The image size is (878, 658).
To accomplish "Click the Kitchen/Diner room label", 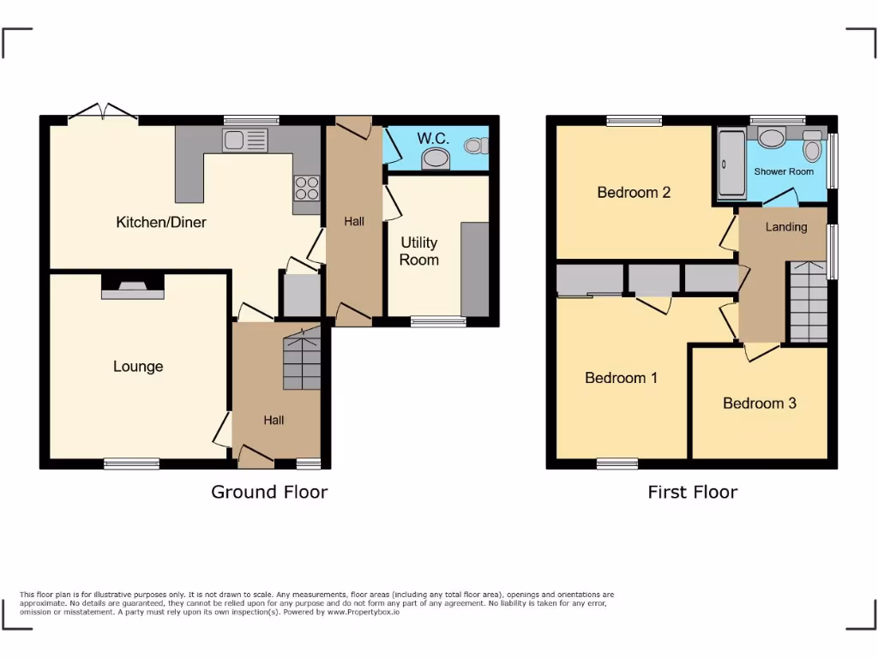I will [161, 223].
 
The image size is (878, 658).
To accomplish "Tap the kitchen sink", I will [244, 141].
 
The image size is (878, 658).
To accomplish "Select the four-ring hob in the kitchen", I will [307, 188].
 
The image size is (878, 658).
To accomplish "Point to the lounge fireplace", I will [132, 289].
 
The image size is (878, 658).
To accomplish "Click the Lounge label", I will [138, 367].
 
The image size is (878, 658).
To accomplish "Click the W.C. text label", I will [433, 138].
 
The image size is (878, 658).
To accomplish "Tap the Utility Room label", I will [419, 251].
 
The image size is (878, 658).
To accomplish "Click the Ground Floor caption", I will [269, 492].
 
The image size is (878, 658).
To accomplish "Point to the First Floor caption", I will [692, 492].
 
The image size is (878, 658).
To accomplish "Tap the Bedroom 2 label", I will [634, 192].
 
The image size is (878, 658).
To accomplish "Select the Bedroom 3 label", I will [760, 403].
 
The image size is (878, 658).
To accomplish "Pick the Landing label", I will [786, 227].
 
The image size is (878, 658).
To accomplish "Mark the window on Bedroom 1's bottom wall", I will [617, 464].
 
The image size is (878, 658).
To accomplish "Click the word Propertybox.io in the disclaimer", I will [371, 613].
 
